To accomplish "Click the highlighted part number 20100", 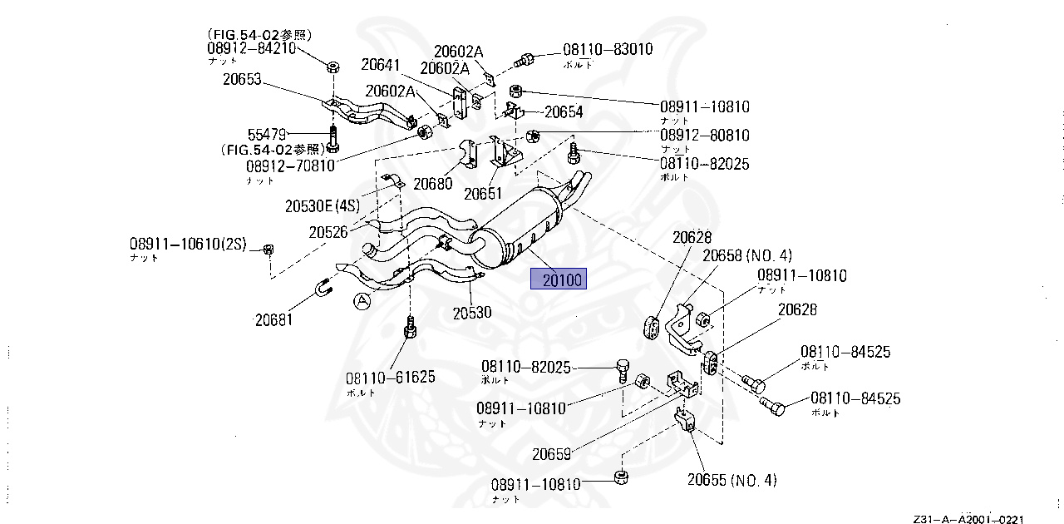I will point(559,280).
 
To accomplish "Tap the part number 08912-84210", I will point(251,48).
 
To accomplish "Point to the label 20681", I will point(274,319).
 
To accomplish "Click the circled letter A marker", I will point(360,301).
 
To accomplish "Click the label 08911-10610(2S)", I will point(189,245).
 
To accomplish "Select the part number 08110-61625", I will point(392,378).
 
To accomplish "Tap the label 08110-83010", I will point(608,50).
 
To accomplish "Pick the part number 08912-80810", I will point(705,135).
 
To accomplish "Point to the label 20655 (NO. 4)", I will point(731,480).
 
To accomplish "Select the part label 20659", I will point(551,455).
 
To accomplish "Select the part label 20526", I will point(328,233).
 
